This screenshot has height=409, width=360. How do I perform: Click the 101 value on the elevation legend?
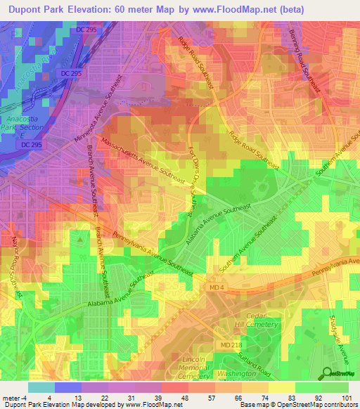(x=345, y=398)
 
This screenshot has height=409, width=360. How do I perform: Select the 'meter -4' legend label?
(x=12, y=398)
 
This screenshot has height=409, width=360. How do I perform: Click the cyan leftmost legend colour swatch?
(x=41, y=387)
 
